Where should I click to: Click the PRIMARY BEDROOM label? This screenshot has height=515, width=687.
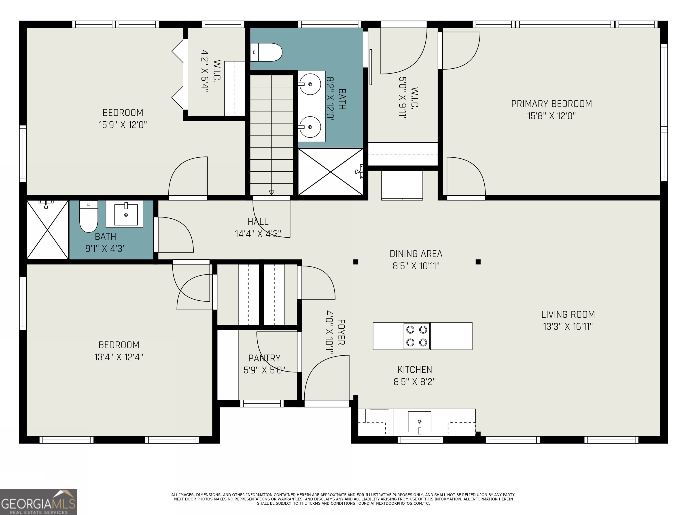pyautogui.click(x=551, y=104)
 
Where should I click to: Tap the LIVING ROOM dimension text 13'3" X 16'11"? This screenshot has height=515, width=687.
pyautogui.click(x=568, y=327)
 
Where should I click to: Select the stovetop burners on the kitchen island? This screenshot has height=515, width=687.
pyautogui.click(x=416, y=336)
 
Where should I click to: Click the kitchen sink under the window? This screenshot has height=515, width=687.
pyautogui.click(x=420, y=422)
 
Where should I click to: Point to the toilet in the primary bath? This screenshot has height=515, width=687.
pyautogui.click(x=266, y=52)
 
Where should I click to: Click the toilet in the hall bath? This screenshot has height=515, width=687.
pyautogui.click(x=89, y=216)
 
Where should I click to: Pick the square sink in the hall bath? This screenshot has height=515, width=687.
pyautogui.click(x=125, y=214)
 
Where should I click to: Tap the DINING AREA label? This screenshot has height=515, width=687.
pyautogui.click(x=416, y=254)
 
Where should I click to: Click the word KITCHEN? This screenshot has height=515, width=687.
pyautogui.click(x=415, y=370)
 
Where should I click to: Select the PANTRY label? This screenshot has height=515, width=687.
pyautogui.click(x=264, y=358)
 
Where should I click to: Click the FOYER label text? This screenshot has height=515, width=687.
pyautogui.click(x=341, y=332)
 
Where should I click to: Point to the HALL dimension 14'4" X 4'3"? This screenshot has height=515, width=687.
pyautogui.click(x=258, y=234)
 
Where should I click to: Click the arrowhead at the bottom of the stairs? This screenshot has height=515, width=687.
pyautogui.click(x=271, y=193)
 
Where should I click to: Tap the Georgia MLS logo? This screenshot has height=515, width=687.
pyautogui.click(x=38, y=502)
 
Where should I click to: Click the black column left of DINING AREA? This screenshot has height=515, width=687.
pyautogui.click(x=356, y=262)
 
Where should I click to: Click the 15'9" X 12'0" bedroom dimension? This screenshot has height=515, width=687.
pyautogui.click(x=123, y=125)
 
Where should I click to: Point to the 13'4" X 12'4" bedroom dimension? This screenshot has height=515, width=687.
pyautogui.click(x=119, y=357)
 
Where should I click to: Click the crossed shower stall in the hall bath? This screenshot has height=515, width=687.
pyautogui.click(x=47, y=230)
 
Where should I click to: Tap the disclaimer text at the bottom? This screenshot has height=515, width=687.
pyautogui.click(x=343, y=499)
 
